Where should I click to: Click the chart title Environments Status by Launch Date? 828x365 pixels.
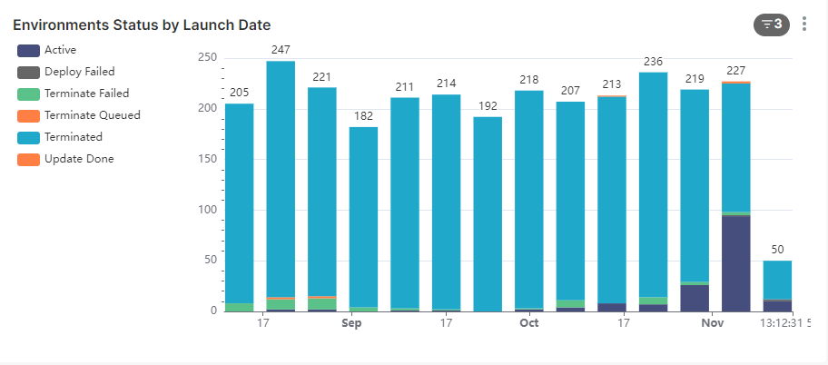(x=142, y=25)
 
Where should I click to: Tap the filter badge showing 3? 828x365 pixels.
(x=772, y=25)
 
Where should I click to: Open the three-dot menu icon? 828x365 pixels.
(x=804, y=25)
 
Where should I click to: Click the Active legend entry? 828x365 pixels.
(x=60, y=50)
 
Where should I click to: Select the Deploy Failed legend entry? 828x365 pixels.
(x=79, y=72)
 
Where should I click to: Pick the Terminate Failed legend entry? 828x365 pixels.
(x=86, y=94)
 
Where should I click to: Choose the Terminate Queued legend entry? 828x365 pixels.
(x=92, y=115)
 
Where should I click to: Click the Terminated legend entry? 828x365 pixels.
(x=73, y=137)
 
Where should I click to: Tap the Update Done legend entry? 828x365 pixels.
(x=79, y=159)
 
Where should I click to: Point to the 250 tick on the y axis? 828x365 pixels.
(x=207, y=58)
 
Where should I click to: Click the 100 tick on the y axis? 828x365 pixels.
(x=207, y=210)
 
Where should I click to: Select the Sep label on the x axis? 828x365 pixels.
(x=351, y=323)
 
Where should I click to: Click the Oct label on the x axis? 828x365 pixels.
(x=529, y=323)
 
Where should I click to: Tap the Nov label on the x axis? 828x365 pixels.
(x=713, y=323)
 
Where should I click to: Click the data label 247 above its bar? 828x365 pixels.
(x=281, y=49)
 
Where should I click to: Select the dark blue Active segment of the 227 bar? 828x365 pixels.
(x=736, y=263)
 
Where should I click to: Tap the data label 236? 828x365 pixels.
(x=654, y=61)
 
